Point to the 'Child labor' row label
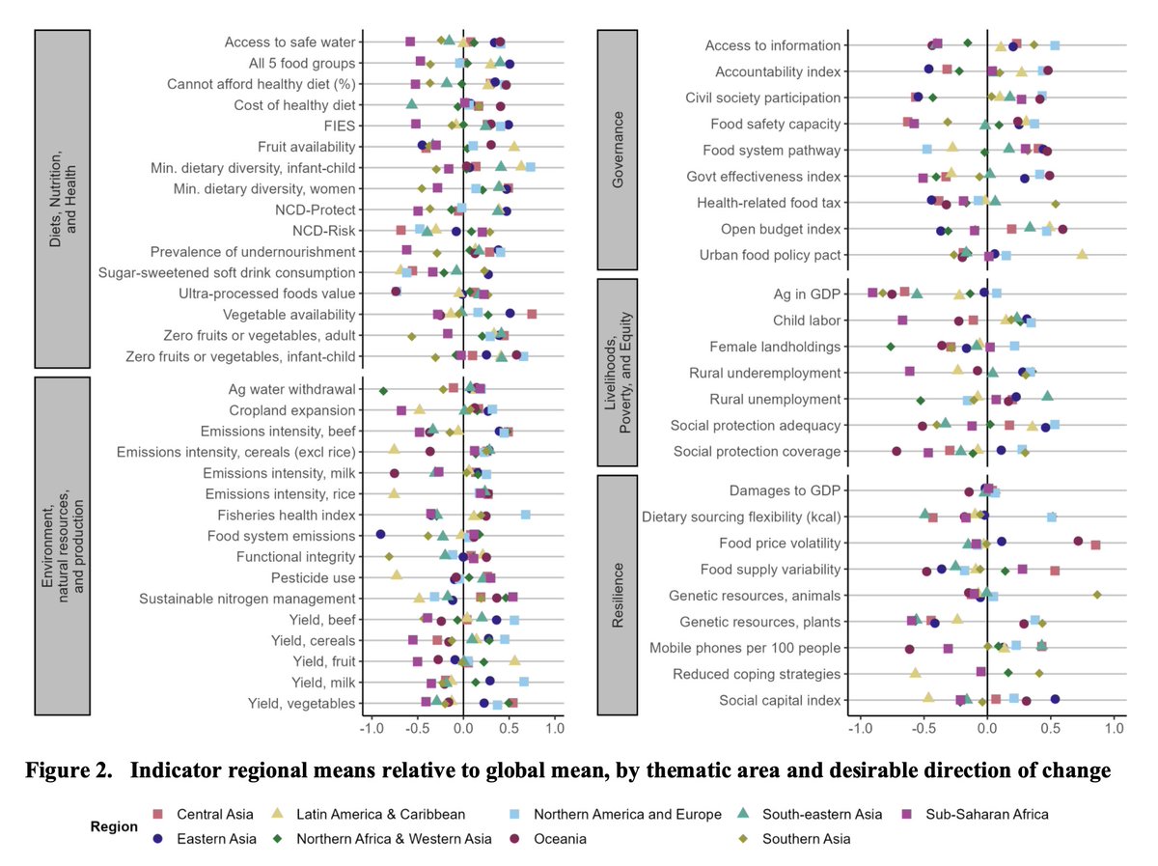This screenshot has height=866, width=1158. pos(807,321)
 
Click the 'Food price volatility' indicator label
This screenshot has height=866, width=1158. pos(780,543)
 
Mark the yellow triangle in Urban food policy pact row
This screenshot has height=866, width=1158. pos(1082,254)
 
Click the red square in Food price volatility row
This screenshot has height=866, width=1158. pos(1095,545)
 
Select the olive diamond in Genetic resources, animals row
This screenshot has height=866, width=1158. pos(1097,595)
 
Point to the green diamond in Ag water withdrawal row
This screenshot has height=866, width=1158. pos(383,390)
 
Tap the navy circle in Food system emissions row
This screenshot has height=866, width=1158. pos(380,535)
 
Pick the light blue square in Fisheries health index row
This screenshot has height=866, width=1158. pos(526,515)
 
